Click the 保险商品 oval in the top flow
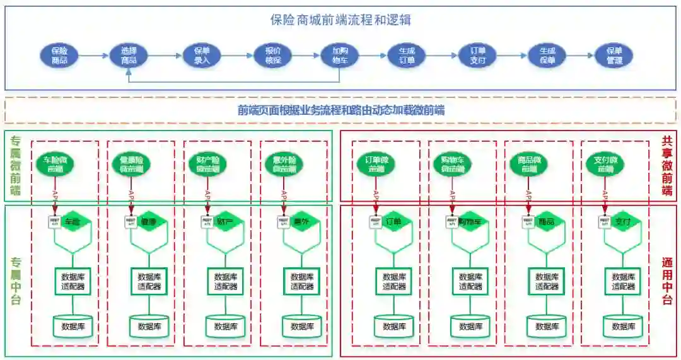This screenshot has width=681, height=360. point(59,55)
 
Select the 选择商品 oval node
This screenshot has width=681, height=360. point(129,55)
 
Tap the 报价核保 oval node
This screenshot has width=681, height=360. point(273,55)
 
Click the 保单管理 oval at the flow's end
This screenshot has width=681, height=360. point(614,55)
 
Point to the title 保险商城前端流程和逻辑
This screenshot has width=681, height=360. point(340,20)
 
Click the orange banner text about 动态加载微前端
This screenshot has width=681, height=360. point(340,110)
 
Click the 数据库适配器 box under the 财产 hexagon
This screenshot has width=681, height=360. point(226,281)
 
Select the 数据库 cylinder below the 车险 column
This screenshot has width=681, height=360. point(73,326)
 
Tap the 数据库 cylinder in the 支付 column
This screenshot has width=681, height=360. point(623,326)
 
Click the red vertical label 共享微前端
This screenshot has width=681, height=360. point(667,166)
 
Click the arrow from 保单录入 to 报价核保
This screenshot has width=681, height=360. point(236,55)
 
